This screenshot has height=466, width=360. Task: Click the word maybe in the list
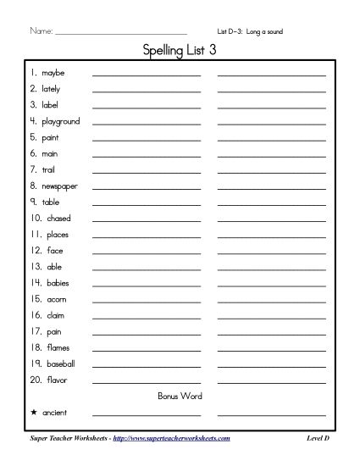click(53, 73)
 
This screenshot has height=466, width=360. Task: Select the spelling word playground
click(60, 121)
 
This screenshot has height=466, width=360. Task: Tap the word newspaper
click(58, 186)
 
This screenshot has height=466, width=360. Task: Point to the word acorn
click(55, 299)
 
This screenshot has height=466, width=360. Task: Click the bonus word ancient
click(54, 413)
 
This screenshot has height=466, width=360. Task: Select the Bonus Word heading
click(179, 396)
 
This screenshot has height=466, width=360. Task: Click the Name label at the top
click(42, 31)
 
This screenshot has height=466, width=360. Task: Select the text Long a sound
click(265, 31)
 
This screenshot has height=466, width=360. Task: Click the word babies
click(56, 283)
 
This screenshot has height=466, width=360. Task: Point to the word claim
click(54, 315)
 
